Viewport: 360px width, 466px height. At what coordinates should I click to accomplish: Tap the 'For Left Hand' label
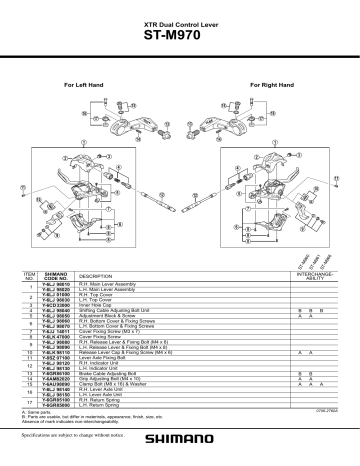pyautogui.click(x=80, y=86)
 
